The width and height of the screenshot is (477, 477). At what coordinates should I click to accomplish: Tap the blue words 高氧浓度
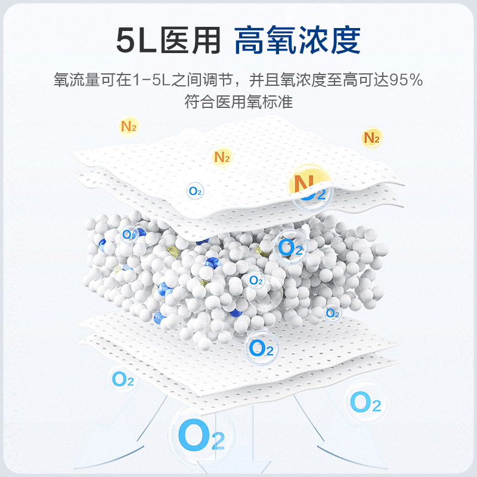click(x=298, y=41)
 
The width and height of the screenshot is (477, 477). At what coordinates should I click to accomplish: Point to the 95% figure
click(x=407, y=80)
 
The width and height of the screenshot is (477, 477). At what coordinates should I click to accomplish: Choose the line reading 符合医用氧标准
click(x=238, y=101)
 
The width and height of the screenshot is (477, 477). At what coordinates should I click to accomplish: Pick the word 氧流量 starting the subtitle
click(x=74, y=80)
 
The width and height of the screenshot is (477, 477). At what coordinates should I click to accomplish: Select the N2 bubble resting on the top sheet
click(x=222, y=157)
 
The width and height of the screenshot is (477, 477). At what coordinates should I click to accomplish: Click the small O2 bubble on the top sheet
click(x=195, y=191)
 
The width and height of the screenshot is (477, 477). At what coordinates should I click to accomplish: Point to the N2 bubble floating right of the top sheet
click(x=371, y=138)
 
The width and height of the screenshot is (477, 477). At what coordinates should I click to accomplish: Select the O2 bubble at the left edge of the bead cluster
click(x=129, y=234)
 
